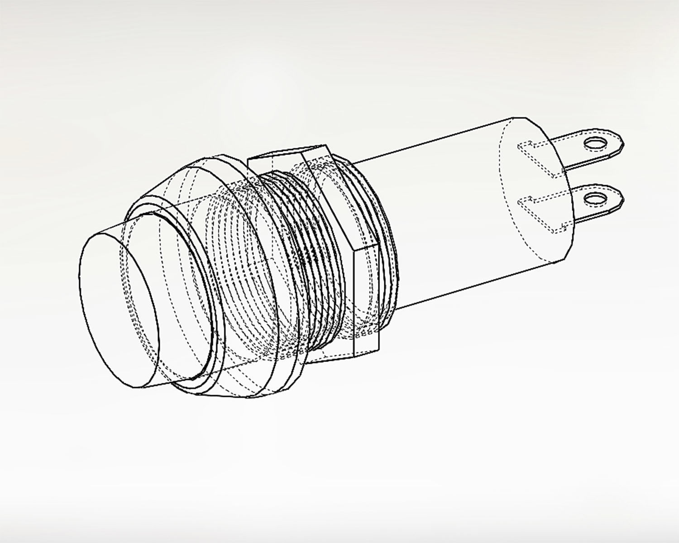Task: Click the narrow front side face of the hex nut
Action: point(366,299)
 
